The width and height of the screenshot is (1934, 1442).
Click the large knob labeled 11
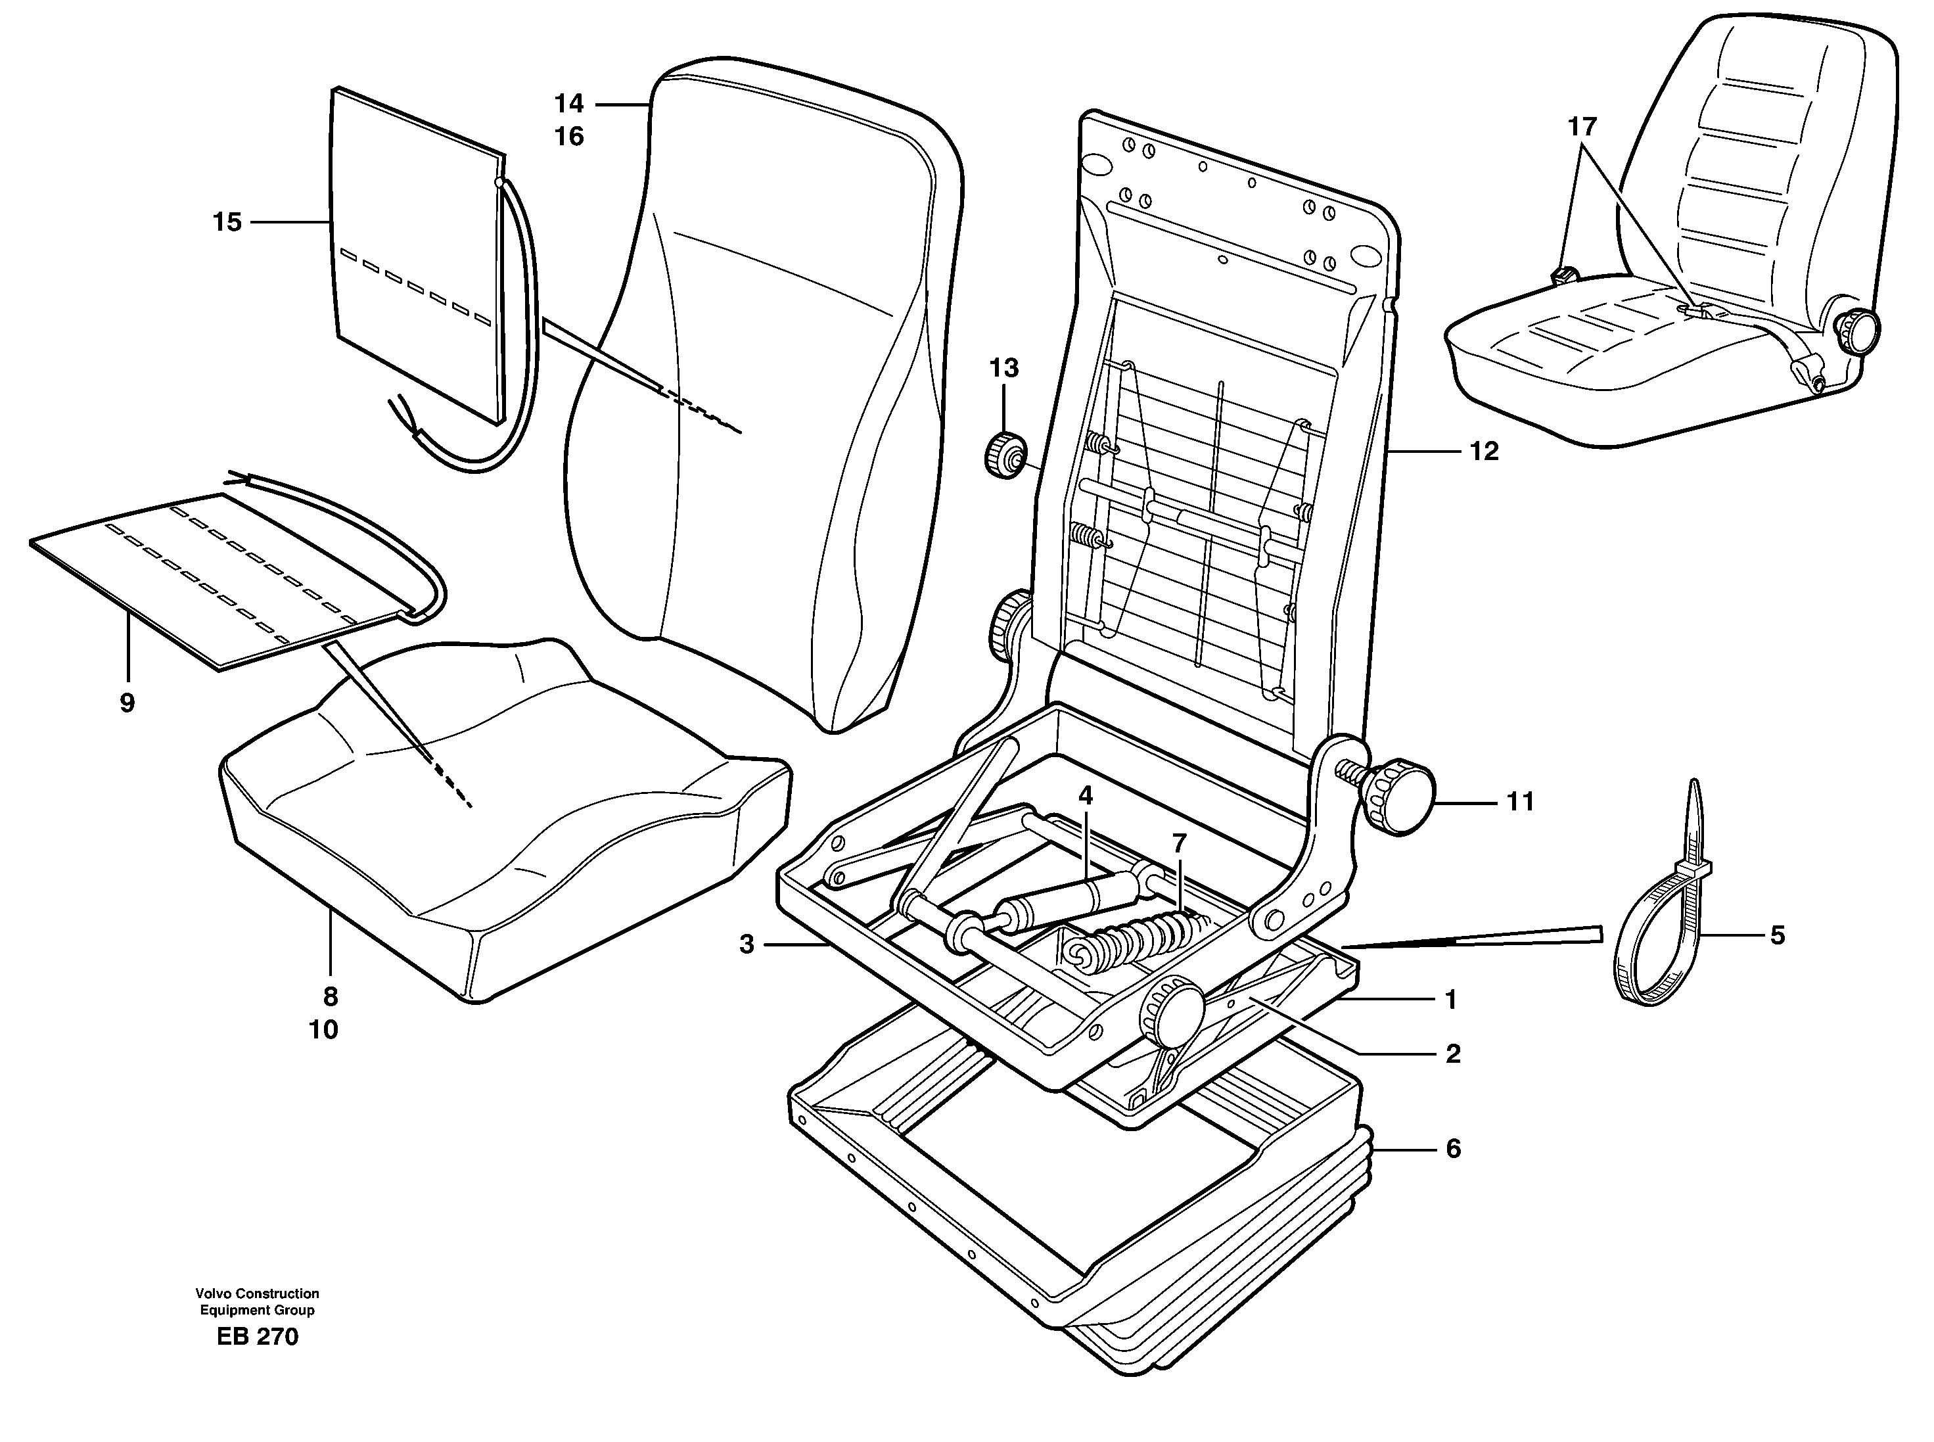(1401, 797)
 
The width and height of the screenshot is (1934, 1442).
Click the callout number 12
(1484, 452)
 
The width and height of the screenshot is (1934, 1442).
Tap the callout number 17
(1581, 128)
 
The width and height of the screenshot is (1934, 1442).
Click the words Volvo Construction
(258, 1293)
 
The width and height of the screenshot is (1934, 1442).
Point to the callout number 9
(127, 703)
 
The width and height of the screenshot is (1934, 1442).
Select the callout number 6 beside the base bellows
(1453, 1149)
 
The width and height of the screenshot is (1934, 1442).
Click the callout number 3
(746, 944)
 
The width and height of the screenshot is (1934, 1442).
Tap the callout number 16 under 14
(569, 137)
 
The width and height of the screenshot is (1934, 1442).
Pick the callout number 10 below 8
(323, 1030)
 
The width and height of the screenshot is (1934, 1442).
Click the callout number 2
(1452, 1054)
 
